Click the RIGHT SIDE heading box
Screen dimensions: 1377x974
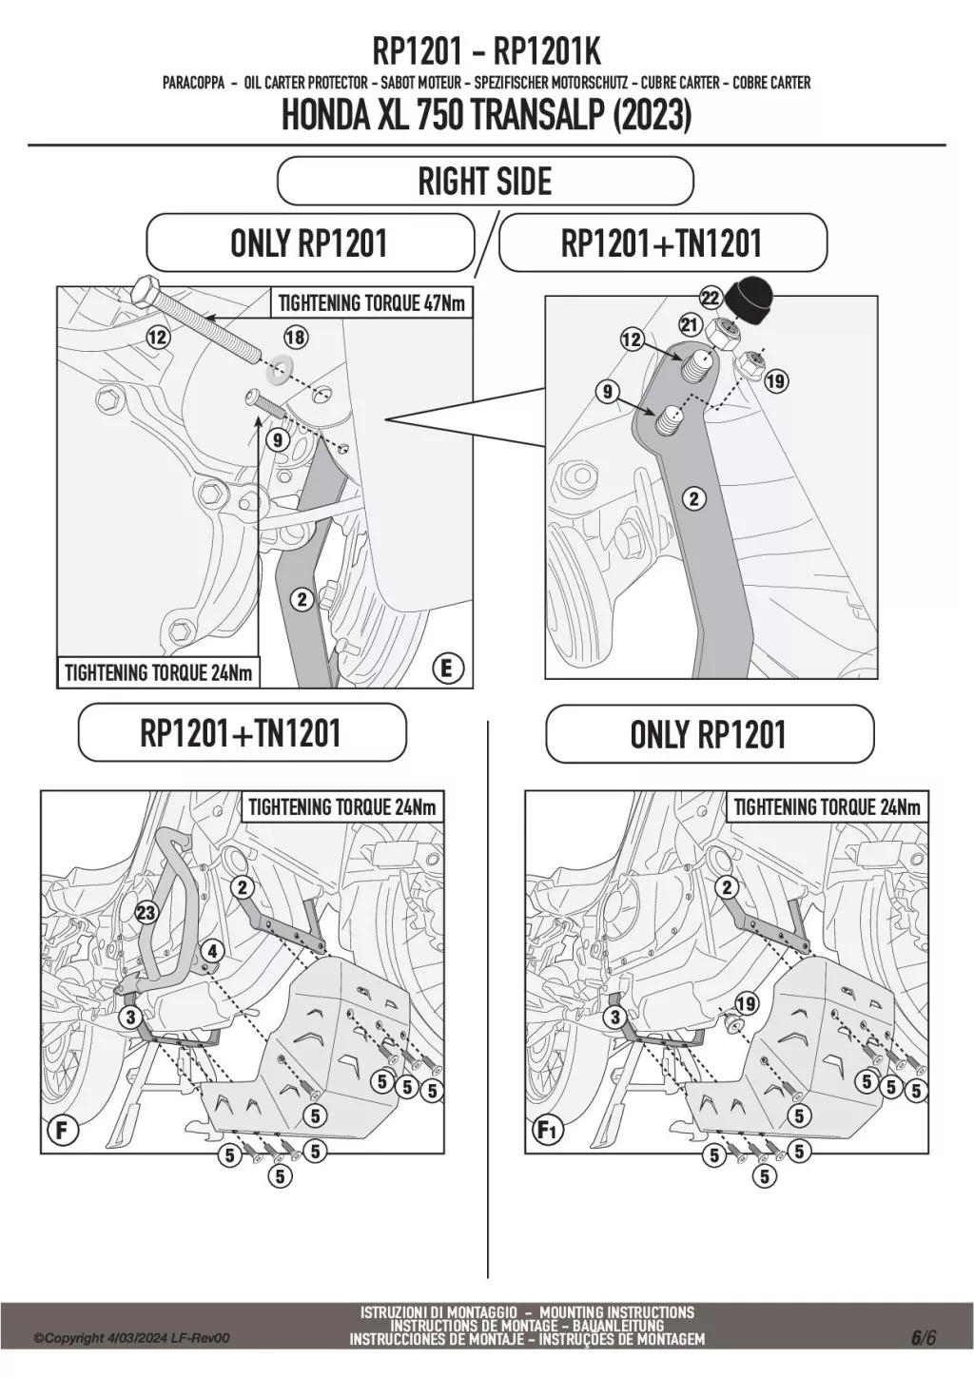tap(485, 181)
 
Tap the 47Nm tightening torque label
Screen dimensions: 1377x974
tap(372, 303)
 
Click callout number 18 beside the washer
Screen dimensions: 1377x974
tap(296, 337)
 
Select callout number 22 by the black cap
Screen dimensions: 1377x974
tap(710, 298)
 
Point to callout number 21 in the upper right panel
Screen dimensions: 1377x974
tap(689, 326)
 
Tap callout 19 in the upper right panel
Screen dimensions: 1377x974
tap(775, 381)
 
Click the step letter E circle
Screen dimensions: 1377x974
tap(446, 669)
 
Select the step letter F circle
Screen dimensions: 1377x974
tap(62, 1132)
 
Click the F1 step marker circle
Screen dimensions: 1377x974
tap(547, 1132)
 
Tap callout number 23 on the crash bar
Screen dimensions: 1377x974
tap(146, 914)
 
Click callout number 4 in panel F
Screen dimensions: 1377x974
tap(212, 950)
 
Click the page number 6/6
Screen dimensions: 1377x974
tap(923, 1337)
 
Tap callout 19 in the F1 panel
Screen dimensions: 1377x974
tap(746, 1003)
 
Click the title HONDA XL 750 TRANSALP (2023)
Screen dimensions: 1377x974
tap(486, 116)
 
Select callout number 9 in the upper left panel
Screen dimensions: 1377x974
tap(277, 439)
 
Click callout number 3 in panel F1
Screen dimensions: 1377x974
tap(615, 1018)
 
